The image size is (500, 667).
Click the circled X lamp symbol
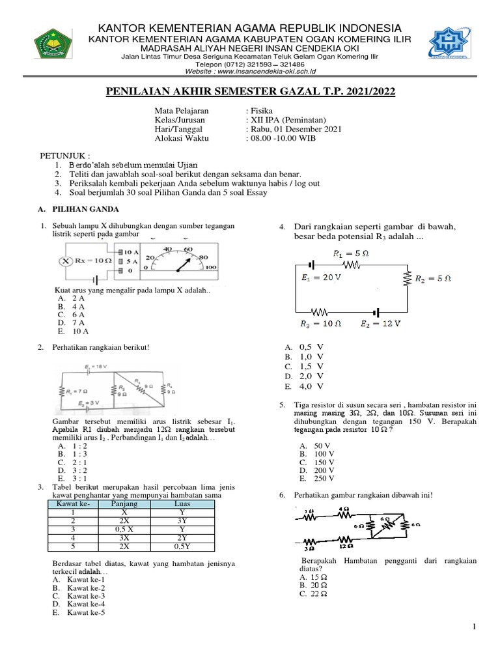(x=65, y=261)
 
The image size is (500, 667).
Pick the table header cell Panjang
(x=124, y=504)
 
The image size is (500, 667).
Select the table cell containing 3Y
(x=182, y=522)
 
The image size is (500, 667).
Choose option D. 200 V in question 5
(x=316, y=469)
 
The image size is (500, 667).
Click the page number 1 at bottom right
(x=476, y=627)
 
